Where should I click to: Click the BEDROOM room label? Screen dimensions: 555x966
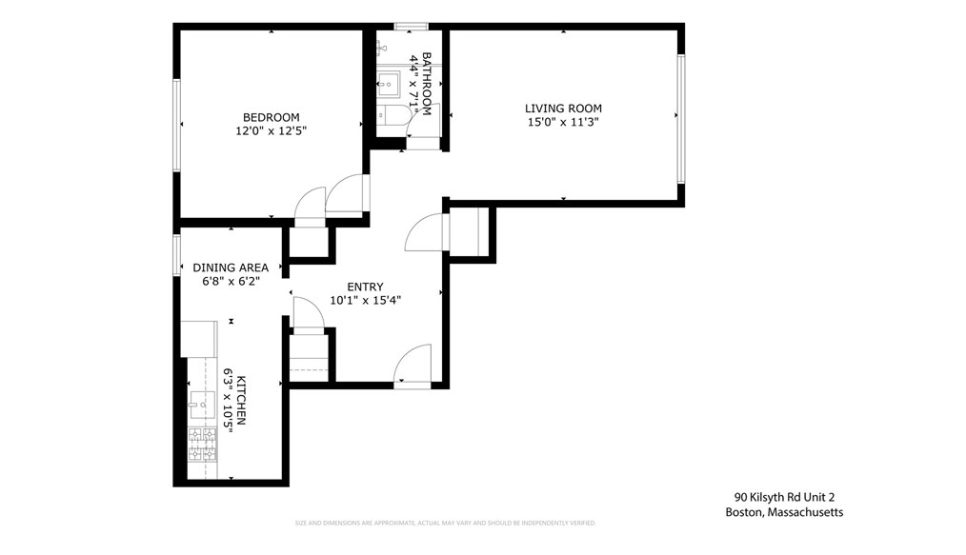click(272, 117)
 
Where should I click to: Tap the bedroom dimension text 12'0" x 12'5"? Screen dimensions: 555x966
click(272, 130)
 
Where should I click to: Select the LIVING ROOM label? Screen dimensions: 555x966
click(564, 109)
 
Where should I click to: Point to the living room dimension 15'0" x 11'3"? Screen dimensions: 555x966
click(564, 122)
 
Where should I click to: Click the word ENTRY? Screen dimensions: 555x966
click(365, 287)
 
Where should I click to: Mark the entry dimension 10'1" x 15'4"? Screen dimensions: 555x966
click(365, 300)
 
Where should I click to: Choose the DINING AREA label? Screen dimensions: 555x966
click(231, 268)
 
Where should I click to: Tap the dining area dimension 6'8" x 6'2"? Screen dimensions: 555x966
click(231, 281)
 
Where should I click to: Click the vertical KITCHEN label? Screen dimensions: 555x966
click(242, 400)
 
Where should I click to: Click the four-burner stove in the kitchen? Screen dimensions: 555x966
click(202, 442)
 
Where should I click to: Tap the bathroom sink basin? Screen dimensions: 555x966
click(390, 84)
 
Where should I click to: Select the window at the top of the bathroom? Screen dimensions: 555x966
click(411, 26)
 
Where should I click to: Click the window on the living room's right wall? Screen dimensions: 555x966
click(681, 118)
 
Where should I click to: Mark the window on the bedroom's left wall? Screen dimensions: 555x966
click(176, 125)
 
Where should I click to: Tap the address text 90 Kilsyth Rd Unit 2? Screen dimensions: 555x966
click(784, 497)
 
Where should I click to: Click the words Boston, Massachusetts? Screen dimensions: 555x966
click(784, 512)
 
